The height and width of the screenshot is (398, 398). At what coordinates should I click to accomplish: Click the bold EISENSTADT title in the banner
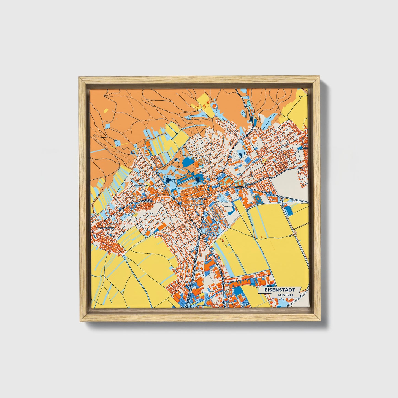(280, 290)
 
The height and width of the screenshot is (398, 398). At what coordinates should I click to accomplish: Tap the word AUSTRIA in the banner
(285, 295)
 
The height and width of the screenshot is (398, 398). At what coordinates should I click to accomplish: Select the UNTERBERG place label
(141, 186)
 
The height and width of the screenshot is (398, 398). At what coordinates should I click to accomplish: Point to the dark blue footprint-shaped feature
(242, 153)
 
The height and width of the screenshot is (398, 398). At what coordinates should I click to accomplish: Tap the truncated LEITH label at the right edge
(305, 148)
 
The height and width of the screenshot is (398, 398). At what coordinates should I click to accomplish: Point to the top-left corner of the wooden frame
(79, 77)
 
